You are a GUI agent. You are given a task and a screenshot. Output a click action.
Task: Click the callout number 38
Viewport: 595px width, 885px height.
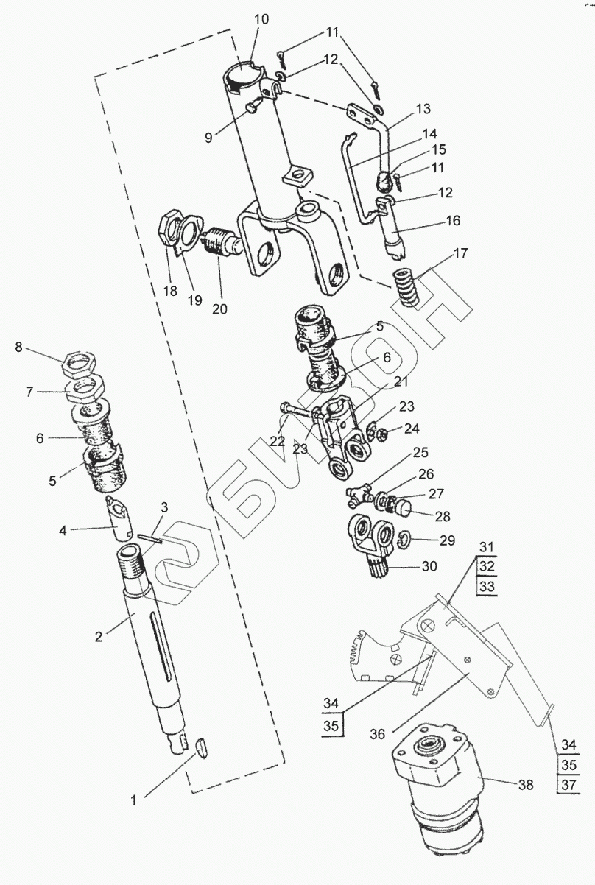(x=524, y=786)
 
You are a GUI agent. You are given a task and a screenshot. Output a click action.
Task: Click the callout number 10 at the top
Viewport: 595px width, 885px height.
(x=261, y=18)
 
